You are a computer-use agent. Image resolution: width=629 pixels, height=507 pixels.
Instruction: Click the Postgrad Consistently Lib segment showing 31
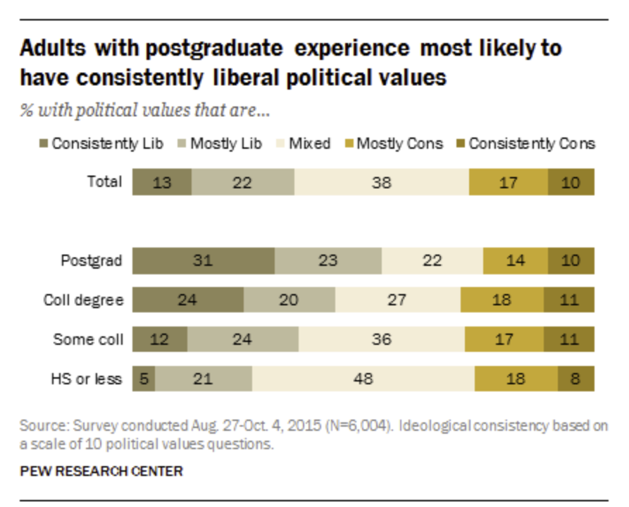pyautogui.click(x=203, y=261)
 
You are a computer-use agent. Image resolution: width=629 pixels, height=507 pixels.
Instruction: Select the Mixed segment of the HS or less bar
pyautogui.click(x=363, y=379)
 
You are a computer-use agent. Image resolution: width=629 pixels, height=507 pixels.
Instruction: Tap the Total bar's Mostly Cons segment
pyautogui.click(x=508, y=182)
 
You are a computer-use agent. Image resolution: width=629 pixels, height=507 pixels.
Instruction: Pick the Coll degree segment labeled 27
pyautogui.click(x=397, y=300)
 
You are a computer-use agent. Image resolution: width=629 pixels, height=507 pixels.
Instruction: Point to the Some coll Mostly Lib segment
pyautogui.click(x=242, y=340)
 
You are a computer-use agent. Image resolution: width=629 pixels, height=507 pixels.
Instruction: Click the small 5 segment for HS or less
pyautogui.click(x=144, y=379)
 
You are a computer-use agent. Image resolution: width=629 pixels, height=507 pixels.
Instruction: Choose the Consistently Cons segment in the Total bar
pyautogui.click(x=571, y=182)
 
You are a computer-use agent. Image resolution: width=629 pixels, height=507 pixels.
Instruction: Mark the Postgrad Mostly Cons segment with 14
pyautogui.click(x=515, y=261)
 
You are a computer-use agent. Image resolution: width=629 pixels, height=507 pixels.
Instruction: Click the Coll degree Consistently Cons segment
pyautogui.click(x=569, y=300)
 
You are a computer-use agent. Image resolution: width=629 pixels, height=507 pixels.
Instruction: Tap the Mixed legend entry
pyautogui.click(x=304, y=144)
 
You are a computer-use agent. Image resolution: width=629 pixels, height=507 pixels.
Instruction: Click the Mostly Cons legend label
pyautogui.click(x=399, y=144)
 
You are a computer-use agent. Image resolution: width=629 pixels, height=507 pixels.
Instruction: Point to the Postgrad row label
pyautogui.click(x=91, y=261)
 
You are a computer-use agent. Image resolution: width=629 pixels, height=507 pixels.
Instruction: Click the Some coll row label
pyautogui.click(x=88, y=340)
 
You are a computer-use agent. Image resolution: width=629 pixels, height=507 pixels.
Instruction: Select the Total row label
pyautogui.click(x=104, y=182)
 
